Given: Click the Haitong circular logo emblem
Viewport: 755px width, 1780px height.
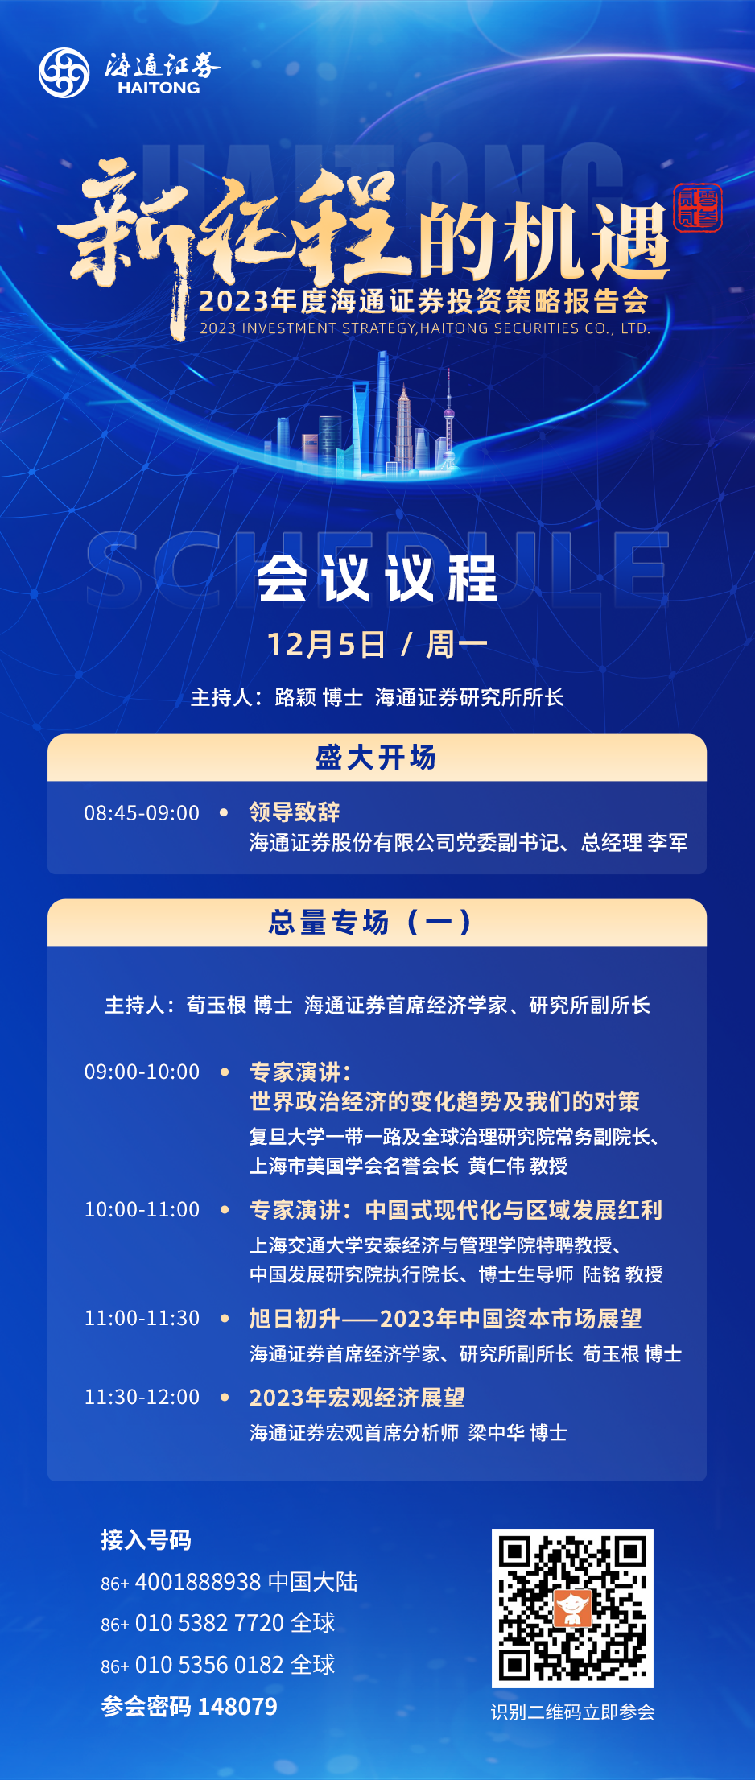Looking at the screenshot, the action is click(64, 72).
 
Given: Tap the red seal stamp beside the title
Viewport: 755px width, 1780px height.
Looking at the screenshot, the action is click(698, 208).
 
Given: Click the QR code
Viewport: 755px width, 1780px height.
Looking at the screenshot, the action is click(572, 1608).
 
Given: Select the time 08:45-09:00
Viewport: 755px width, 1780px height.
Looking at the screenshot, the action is click(142, 812).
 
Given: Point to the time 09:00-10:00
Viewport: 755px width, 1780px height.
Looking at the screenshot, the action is click(142, 1072).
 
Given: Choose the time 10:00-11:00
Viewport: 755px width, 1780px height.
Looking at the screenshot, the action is click(142, 1209).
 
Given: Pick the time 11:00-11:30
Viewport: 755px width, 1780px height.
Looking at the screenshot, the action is click(142, 1318).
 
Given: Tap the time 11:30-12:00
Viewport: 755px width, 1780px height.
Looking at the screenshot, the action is click(142, 1397).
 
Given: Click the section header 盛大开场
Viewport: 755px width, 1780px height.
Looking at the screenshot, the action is click(376, 758).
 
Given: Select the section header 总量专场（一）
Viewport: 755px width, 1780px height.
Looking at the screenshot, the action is click(371, 922).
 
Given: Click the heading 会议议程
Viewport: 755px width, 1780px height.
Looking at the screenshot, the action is click(377, 578).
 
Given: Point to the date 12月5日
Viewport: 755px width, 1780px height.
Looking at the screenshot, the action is click(326, 644).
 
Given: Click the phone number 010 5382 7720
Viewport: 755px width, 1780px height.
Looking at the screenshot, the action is click(210, 1623).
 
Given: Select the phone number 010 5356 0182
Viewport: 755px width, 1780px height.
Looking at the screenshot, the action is click(210, 1665).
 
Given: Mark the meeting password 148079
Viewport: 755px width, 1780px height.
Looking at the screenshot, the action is click(237, 1707).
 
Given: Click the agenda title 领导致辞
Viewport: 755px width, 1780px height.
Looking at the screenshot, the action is click(295, 812).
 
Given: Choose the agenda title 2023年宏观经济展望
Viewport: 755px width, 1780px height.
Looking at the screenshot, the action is click(357, 1398).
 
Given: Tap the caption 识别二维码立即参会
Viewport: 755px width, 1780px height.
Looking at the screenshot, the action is click(573, 1712).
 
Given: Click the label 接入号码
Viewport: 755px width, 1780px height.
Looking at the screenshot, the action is click(146, 1540).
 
